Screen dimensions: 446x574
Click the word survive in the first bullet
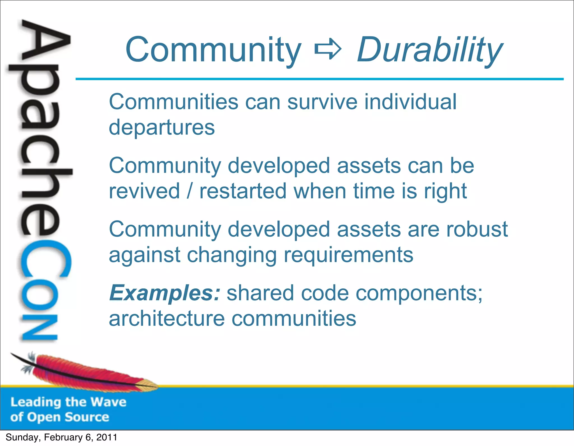coord(322,102)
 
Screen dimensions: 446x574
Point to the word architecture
coord(167,319)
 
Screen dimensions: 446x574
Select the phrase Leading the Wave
coord(68,402)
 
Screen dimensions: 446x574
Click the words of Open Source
coord(60,417)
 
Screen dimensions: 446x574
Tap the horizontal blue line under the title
coord(320,79)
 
